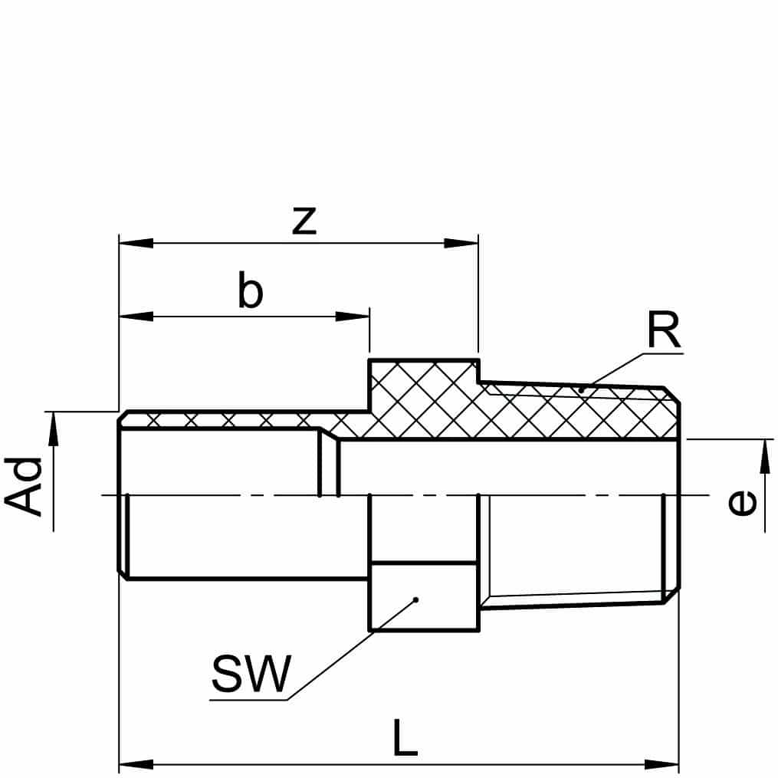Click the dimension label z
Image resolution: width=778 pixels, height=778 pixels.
point(304,221)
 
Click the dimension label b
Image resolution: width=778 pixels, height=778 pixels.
point(250,292)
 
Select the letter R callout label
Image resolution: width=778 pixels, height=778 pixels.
point(663,332)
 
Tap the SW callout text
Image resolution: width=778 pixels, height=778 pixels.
point(251,674)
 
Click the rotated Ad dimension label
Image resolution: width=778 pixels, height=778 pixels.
point(24,487)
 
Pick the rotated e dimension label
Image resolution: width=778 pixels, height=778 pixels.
point(741,503)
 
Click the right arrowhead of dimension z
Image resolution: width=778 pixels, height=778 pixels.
point(461,243)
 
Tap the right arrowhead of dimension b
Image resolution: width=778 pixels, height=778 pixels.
point(353,315)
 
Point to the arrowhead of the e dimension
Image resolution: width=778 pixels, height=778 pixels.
point(764,456)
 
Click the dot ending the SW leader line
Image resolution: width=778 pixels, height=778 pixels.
point(415,599)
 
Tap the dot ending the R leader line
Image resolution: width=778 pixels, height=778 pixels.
point(581,390)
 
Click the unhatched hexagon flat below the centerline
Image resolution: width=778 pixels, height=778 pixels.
point(424,596)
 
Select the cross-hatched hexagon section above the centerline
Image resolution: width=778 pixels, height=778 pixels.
point(424,399)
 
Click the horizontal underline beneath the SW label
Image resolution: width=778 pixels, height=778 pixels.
point(249,699)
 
